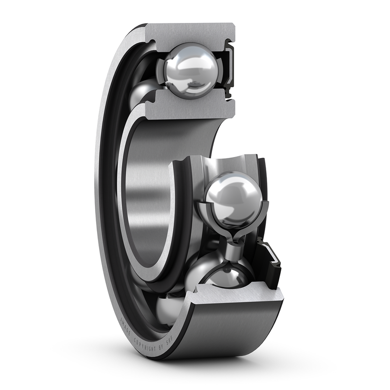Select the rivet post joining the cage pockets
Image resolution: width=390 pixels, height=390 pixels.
click(231, 246)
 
